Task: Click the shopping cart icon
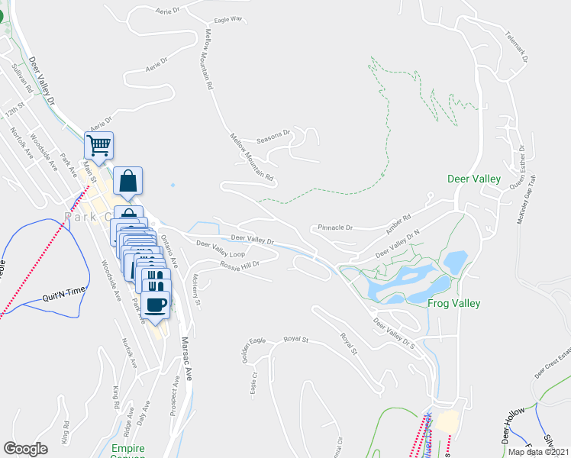point(98,144)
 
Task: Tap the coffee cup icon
point(155,304)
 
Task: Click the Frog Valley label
point(453,303)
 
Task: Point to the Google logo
point(25,449)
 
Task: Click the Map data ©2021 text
point(539,452)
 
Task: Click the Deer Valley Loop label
point(221,249)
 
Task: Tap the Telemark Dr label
point(517,46)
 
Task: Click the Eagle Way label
point(227,19)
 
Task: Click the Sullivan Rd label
point(22,78)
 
